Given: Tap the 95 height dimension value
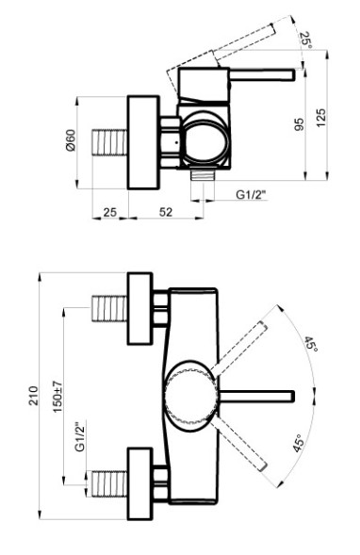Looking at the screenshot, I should click(x=297, y=123).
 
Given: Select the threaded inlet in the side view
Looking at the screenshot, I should click(x=109, y=146).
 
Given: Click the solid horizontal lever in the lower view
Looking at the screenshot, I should click(x=258, y=393).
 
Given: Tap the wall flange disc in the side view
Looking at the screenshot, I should click(x=144, y=135).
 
